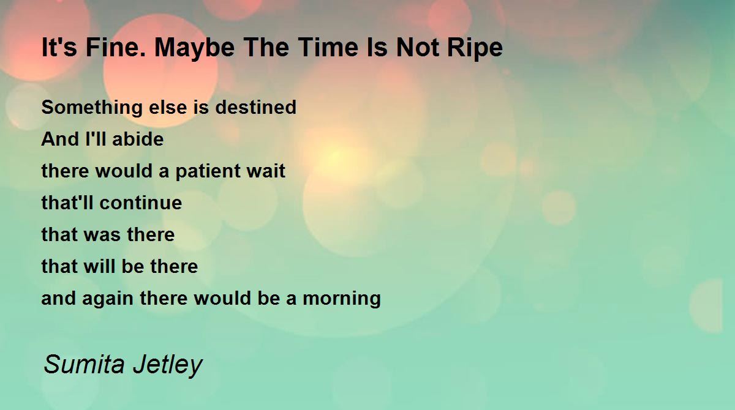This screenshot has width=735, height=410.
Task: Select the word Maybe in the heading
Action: [195, 49]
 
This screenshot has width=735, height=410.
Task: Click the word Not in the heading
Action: [417, 48]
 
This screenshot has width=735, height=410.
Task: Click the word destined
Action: [255, 107]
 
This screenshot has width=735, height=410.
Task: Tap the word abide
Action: [138, 139]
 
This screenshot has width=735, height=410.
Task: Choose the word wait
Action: [266, 171]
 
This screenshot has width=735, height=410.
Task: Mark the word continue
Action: [141, 203]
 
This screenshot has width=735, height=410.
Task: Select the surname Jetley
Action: [167, 365]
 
